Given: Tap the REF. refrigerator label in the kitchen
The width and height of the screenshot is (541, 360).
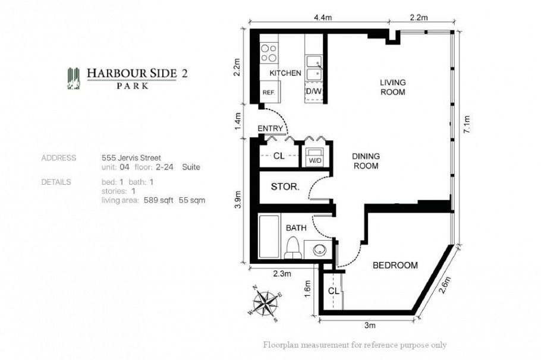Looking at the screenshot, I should click(x=269, y=93).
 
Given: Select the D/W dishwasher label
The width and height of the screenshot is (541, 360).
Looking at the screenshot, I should click(x=313, y=92).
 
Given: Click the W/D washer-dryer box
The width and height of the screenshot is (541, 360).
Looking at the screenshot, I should click(x=313, y=158).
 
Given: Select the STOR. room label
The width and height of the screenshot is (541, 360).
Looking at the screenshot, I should click(x=285, y=187).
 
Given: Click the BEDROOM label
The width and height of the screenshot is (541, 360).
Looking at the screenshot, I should click(x=395, y=266).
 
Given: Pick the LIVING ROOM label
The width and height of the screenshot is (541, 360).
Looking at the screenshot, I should click(x=392, y=87).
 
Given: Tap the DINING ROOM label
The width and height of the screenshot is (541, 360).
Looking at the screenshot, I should click(x=366, y=161).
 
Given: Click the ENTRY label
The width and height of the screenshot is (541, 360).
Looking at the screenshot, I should click(x=270, y=128).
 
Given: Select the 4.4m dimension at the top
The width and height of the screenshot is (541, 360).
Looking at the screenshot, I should click(x=319, y=18).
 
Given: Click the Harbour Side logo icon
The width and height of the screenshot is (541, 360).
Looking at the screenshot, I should click(x=74, y=78).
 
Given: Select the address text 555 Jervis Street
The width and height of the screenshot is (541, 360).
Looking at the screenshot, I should click(x=131, y=158).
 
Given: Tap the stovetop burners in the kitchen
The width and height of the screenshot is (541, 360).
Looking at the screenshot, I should click(x=269, y=53).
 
